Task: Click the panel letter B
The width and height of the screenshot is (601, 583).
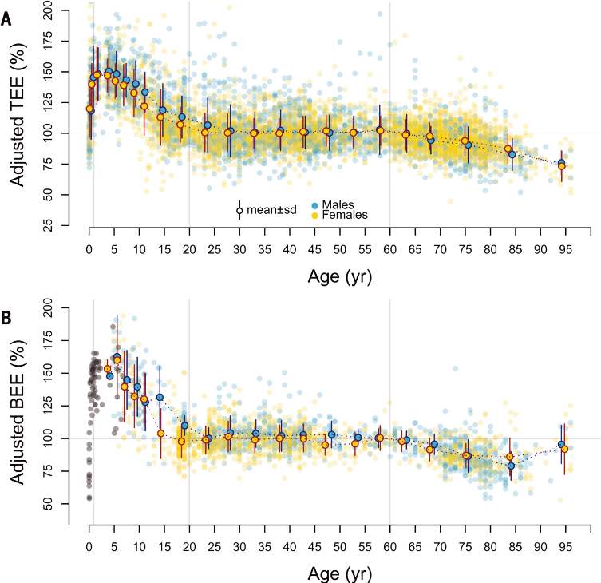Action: click(x=6, y=317)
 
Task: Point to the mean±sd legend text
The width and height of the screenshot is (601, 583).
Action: click(x=271, y=211)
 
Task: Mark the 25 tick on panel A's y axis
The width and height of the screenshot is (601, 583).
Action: click(x=70, y=226)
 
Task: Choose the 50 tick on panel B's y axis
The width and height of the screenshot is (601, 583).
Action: click(x=70, y=504)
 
